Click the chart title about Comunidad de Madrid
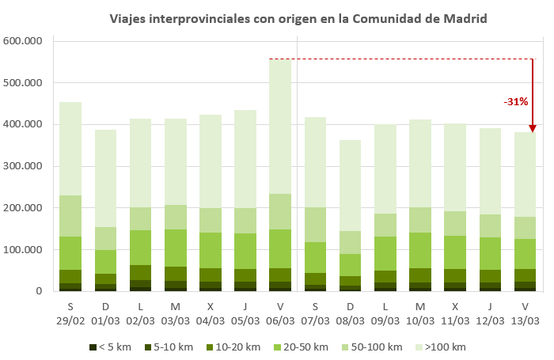[x=298, y=17]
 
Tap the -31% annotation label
[x=515, y=102]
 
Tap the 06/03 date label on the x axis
[x=280, y=321]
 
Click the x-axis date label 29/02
[x=70, y=321]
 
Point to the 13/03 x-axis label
[x=525, y=321]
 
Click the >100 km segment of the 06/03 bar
[x=280, y=127]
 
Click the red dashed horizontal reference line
[x=396, y=59]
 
